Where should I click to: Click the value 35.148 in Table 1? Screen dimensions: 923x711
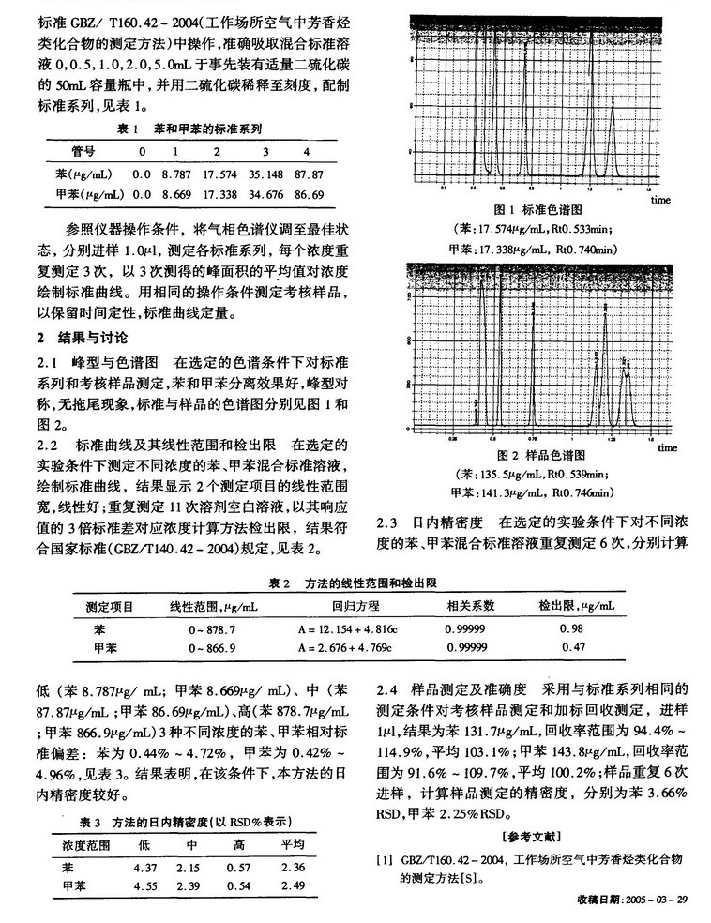click(x=265, y=174)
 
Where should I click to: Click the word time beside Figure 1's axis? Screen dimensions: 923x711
click(x=660, y=199)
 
